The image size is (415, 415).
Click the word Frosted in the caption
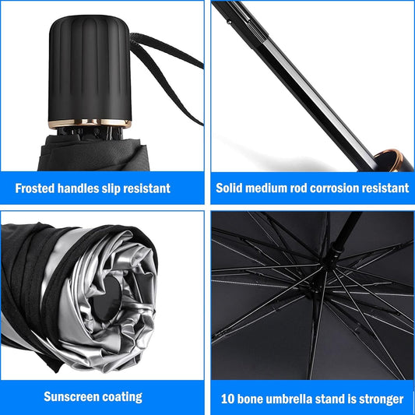point(37,188)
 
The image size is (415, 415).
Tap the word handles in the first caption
point(86,188)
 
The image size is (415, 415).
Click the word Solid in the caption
point(232,188)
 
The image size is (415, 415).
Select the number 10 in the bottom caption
point(227,399)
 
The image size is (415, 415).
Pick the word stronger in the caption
point(378,399)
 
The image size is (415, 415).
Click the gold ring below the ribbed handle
point(85,123)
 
